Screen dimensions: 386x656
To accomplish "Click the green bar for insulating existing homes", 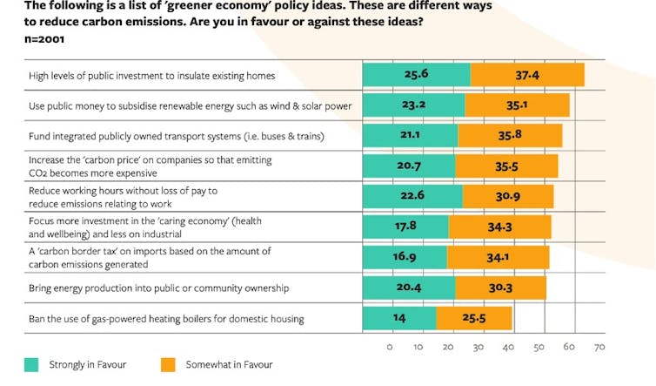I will (416, 75).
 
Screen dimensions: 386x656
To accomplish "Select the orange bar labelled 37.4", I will (527, 75).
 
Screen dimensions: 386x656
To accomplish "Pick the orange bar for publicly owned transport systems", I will (510, 135).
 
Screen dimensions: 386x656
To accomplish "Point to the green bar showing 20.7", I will (408, 166).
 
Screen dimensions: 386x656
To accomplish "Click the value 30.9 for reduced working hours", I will (508, 196).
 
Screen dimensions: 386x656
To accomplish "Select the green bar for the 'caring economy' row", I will (405, 227).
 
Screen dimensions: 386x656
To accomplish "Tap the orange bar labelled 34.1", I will (498, 257).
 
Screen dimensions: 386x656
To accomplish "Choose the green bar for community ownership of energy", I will (408, 287).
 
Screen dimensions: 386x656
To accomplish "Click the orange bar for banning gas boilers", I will (474, 318).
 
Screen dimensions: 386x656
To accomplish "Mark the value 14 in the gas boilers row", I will (399, 318).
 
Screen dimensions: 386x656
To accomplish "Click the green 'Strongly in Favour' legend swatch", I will (30, 364).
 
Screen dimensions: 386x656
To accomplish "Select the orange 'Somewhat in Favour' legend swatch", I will (168, 364).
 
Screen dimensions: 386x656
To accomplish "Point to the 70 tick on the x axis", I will (599, 348).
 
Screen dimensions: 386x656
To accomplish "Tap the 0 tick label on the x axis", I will (389, 348).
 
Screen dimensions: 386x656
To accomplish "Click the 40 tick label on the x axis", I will (509, 348).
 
